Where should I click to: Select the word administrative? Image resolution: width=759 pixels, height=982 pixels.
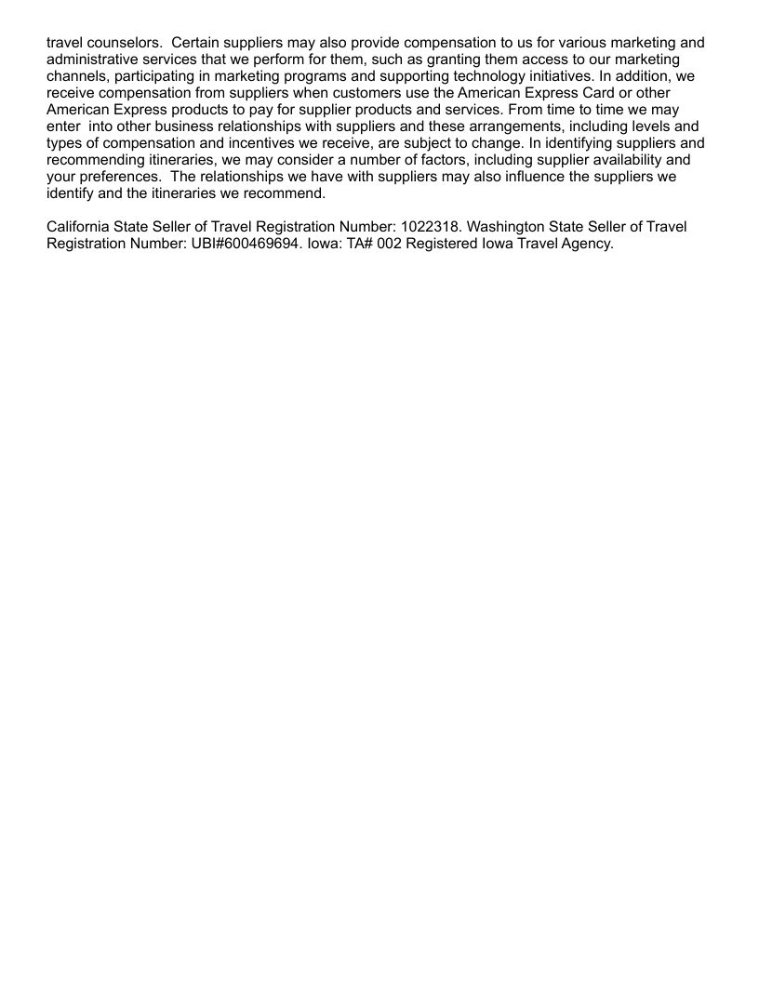96,60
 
